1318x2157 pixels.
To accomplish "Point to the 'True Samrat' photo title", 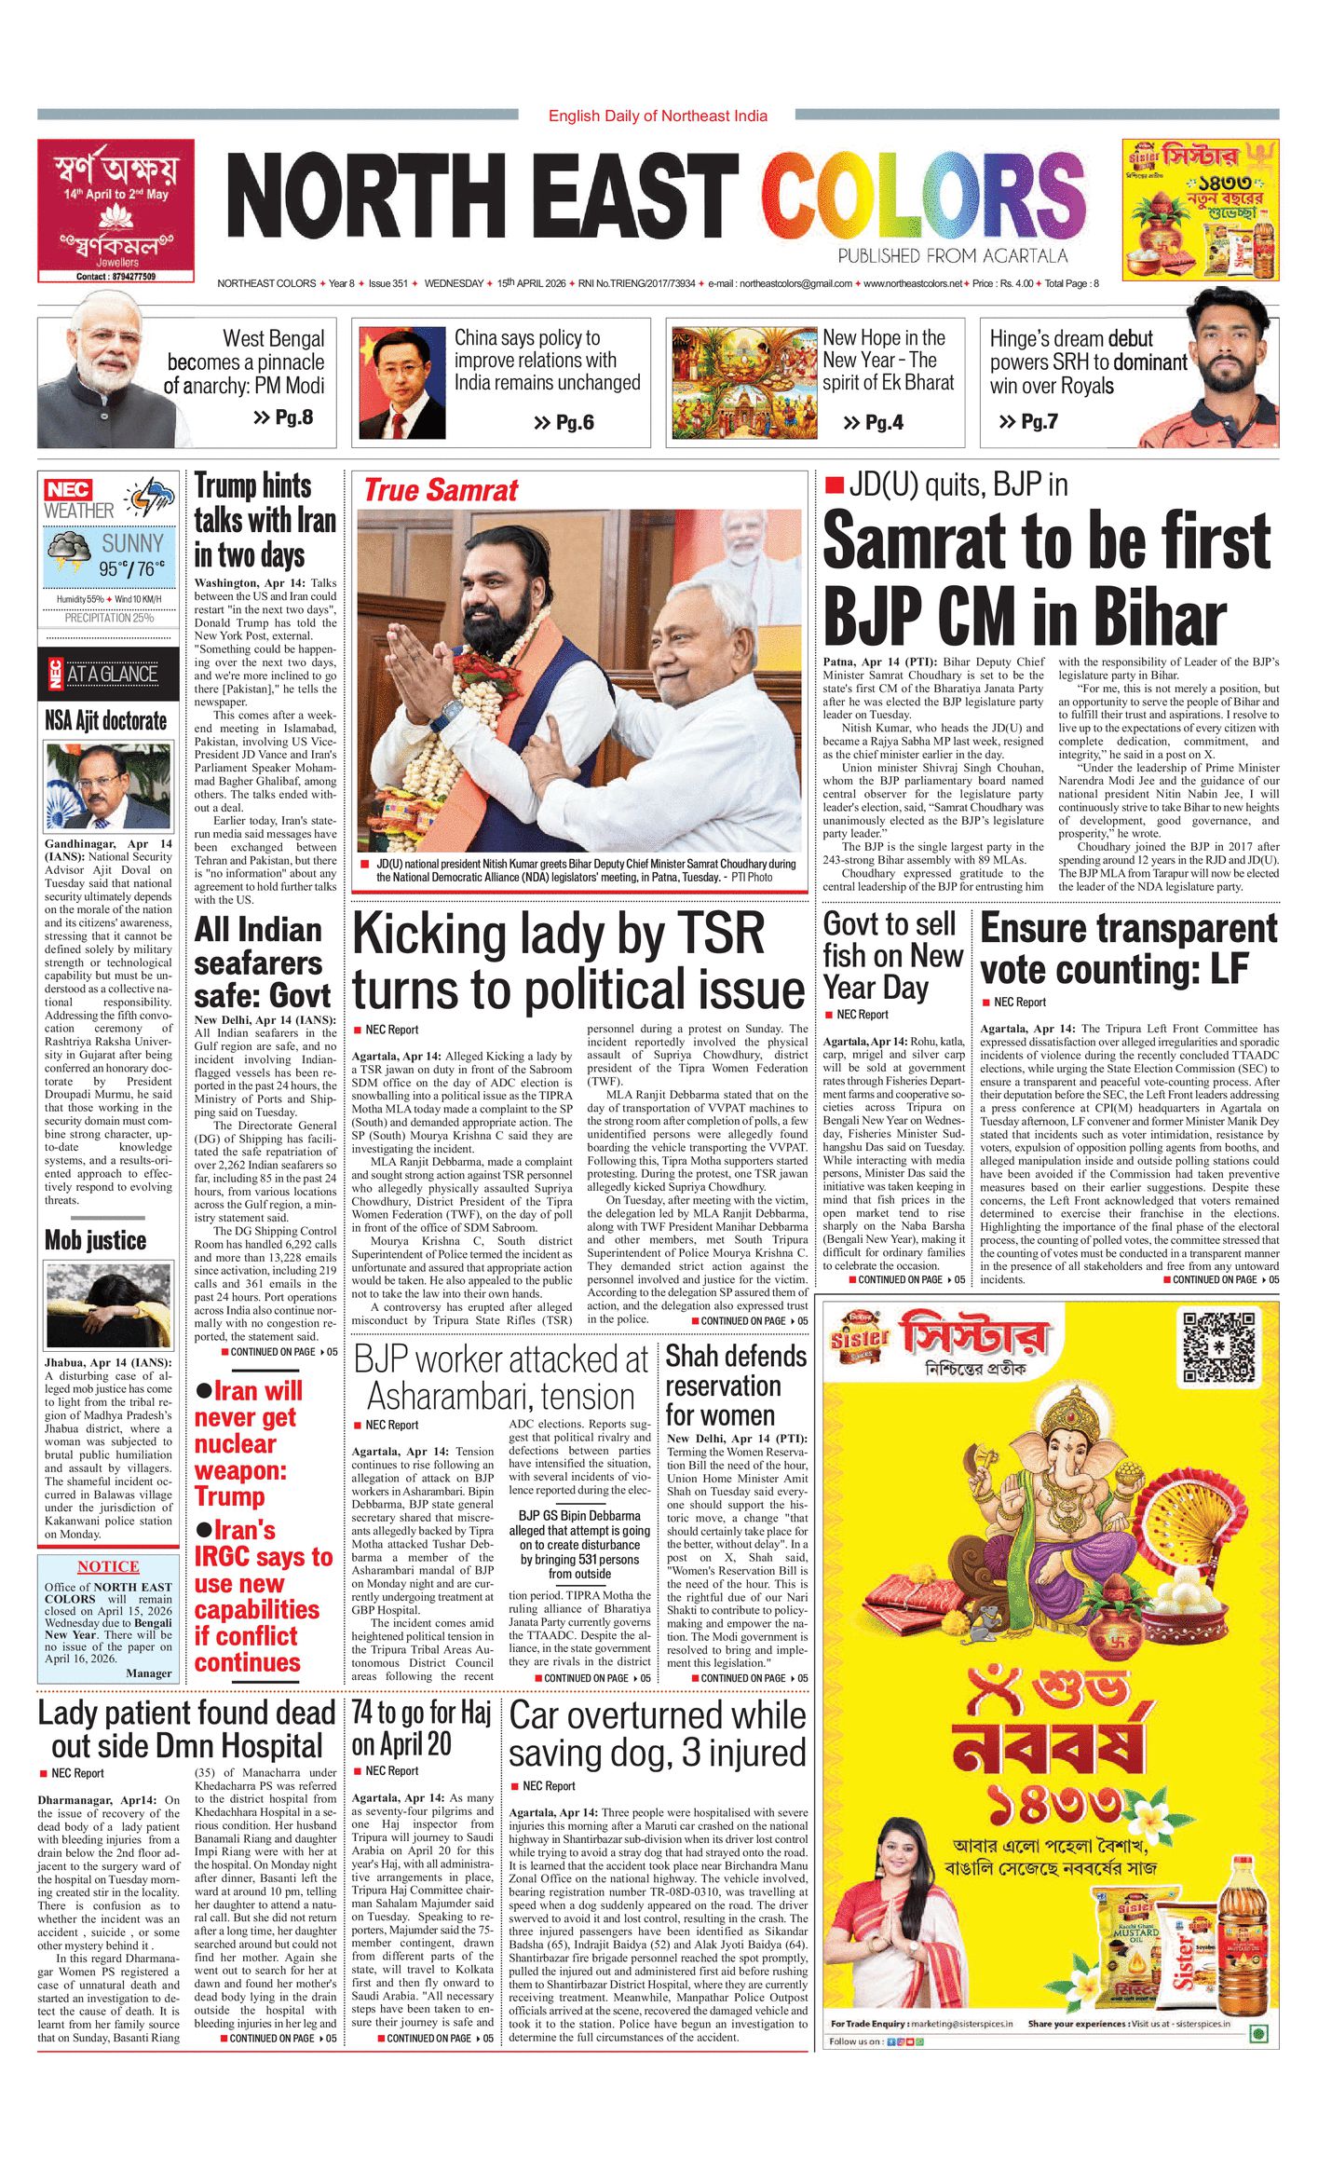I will coord(440,490).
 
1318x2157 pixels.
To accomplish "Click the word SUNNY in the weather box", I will coord(132,543).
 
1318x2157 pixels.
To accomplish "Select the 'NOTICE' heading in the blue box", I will coord(108,1566).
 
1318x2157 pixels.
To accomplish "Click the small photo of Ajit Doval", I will coord(108,786).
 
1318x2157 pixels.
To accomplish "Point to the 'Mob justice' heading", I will coord(96,1240).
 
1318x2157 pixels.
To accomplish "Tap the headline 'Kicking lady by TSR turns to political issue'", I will coord(578,961).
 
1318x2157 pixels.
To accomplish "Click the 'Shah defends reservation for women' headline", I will coord(736,1386).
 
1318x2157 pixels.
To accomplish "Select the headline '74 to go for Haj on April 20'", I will coord(421,1727).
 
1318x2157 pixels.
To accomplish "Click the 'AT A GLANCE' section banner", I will coord(108,674).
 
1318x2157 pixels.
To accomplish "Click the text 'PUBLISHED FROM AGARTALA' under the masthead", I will coord(952,256).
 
